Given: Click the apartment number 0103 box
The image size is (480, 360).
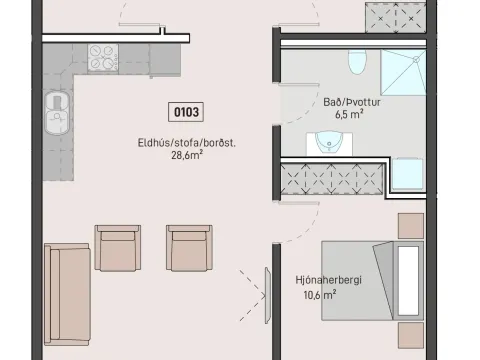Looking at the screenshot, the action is click(x=186, y=112).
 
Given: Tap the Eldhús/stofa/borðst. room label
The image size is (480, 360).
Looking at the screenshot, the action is click(x=187, y=143).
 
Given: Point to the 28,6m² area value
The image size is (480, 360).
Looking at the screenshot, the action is click(x=187, y=155).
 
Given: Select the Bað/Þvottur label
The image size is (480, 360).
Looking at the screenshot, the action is click(x=352, y=102).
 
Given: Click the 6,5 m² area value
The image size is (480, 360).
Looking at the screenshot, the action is click(x=349, y=114).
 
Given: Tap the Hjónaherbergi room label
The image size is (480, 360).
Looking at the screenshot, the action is click(x=328, y=280).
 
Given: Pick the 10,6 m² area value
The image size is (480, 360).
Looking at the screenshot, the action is click(x=319, y=295).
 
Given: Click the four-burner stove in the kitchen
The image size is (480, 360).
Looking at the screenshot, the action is click(x=103, y=58).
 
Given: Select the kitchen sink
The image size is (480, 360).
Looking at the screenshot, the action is click(x=57, y=113).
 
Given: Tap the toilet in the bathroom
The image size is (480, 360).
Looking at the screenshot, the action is click(x=357, y=62).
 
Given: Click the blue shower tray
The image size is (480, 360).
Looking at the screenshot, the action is click(x=403, y=73).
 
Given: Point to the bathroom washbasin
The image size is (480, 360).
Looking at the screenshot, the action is click(x=329, y=143).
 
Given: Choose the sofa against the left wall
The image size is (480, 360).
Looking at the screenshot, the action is click(x=67, y=294).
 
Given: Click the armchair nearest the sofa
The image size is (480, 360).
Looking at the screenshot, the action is click(x=118, y=248).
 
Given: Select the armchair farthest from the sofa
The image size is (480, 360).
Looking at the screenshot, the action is click(x=189, y=248).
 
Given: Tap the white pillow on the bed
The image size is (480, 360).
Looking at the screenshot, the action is click(x=408, y=281).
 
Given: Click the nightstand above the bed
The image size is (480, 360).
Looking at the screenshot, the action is click(x=411, y=226).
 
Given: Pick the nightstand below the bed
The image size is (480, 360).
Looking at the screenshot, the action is click(x=411, y=335).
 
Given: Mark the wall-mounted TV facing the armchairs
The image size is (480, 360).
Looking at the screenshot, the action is click(x=268, y=296).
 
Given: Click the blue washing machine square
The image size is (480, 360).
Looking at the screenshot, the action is click(x=407, y=174).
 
